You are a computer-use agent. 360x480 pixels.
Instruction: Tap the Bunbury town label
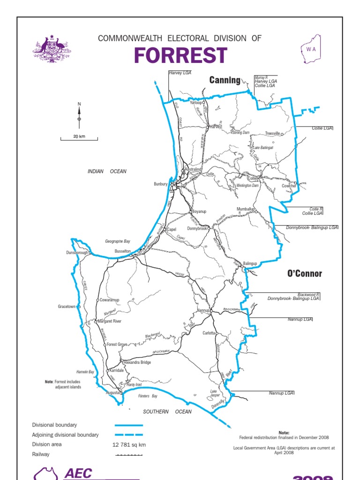tap(160, 184)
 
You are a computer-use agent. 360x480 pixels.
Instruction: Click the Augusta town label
tap(112, 392)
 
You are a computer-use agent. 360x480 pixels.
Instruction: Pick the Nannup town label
tap(203, 310)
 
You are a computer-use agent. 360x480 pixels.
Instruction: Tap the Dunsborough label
tap(77, 253)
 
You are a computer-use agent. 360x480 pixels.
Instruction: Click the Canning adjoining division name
tap(225, 80)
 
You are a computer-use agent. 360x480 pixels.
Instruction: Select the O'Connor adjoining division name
tap(305, 273)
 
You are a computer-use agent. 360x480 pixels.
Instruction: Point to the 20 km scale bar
tap(79, 138)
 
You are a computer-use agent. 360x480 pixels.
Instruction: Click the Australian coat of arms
tap(51, 49)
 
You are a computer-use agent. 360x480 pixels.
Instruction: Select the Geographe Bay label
tap(118, 241)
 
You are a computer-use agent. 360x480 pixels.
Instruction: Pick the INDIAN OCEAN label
tap(107, 172)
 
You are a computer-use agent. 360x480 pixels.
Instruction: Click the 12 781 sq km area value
tap(129, 444)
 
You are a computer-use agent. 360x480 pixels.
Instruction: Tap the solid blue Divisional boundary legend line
tap(128, 425)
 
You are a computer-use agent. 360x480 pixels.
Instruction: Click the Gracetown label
tap(67, 307)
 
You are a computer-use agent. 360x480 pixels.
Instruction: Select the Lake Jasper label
tap(214, 393)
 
